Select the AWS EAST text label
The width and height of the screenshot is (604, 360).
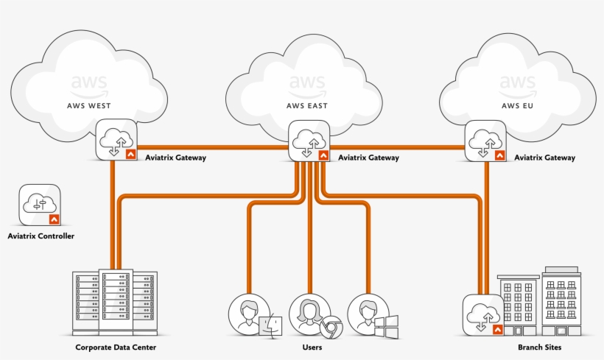307,105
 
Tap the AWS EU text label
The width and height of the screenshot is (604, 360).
518,105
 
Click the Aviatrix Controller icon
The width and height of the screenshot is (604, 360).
40,204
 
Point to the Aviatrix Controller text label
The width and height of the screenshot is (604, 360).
41,236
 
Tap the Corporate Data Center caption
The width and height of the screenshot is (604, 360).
116,347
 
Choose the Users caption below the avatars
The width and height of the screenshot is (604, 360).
312,347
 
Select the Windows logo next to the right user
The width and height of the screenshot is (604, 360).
387,326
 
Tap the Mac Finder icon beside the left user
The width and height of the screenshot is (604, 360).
271,326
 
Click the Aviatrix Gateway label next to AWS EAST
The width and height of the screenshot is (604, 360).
368,158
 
